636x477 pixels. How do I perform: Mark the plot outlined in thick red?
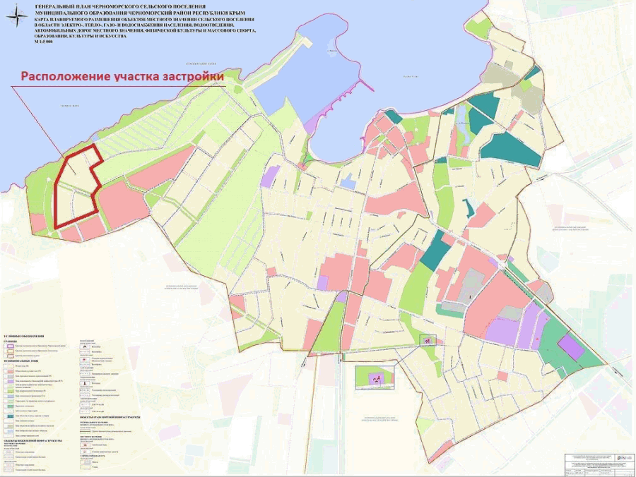coord(76,187)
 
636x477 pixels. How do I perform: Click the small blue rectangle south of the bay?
coord(347,184)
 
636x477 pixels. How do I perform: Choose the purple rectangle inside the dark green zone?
coord(570,347)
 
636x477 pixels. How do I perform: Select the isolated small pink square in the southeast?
coord(502,376)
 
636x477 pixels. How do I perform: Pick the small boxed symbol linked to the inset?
coord(427,340)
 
